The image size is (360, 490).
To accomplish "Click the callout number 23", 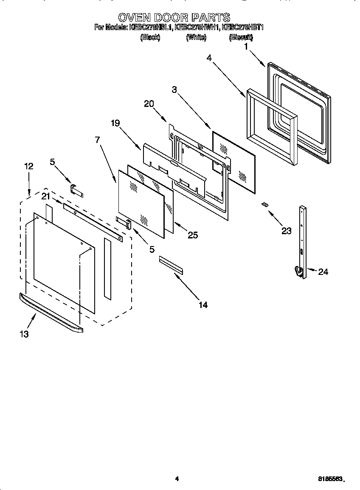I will tap(287, 231).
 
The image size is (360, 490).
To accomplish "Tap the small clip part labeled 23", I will tap(265, 204).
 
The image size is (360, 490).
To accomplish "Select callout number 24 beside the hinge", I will tap(323, 272).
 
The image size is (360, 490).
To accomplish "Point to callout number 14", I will tap(203, 305).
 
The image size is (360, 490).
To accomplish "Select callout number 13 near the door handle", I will tap(24, 334).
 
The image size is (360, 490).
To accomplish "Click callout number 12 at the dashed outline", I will tap(28, 166).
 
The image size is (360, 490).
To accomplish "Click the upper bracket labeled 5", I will tap(76, 190).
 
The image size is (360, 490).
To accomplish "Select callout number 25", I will tap(193, 235).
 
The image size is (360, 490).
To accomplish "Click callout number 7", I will tap(98, 140).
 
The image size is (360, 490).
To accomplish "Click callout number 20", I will tap(149, 104).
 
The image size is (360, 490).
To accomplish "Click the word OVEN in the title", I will tap(135, 17).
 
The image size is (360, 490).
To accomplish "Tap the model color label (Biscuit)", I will tap(241, 37).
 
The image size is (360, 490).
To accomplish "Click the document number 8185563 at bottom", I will tap(330, 479).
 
